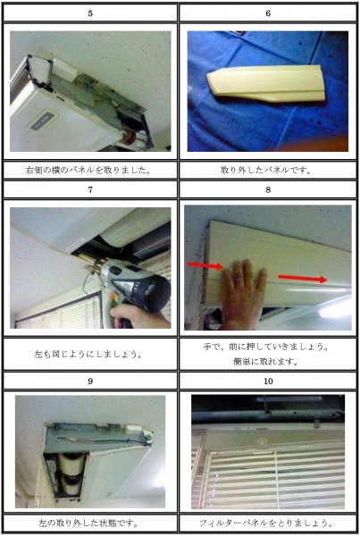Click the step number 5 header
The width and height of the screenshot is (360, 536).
point(90,13)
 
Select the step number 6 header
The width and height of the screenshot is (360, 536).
point(268,13)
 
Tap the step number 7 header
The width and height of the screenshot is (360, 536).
point(90,189)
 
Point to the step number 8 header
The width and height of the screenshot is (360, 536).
point(268,189)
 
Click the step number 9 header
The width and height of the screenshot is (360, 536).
point(90,381)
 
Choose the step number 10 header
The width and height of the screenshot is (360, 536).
point(268,381)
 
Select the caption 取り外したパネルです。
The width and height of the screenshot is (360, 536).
point(265,170)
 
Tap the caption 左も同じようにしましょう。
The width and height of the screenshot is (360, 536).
point(88,354)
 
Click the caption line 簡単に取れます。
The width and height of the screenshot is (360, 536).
point(265,361)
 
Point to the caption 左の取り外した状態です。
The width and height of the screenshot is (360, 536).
point(88,523)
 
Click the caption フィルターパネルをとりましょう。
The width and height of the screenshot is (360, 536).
point(265,523)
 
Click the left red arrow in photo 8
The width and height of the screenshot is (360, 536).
point(205,265)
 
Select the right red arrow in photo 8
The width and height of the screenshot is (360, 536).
point(303,278)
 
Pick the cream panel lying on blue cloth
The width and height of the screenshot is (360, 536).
point(265,84)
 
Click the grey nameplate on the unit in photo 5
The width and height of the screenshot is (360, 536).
point(42,120)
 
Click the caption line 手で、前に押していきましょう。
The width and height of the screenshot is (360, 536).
point(265,347)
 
